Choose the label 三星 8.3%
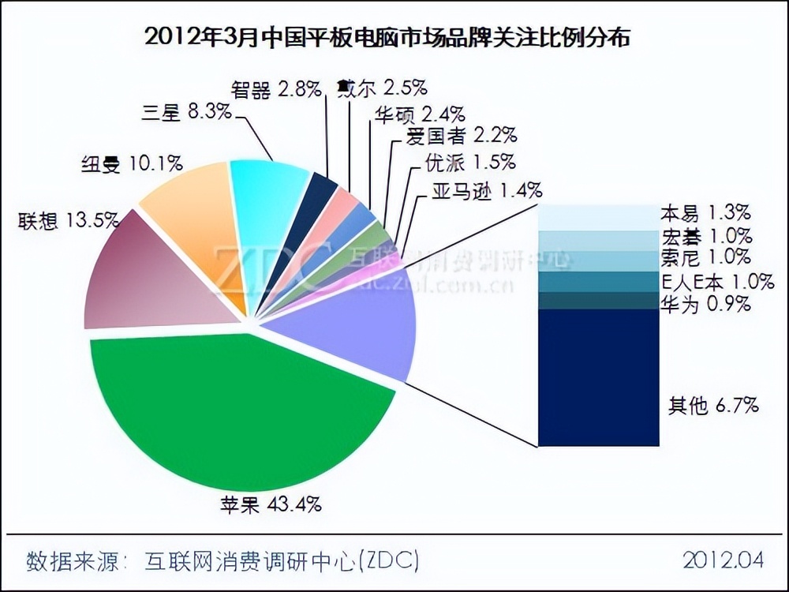point(189,112)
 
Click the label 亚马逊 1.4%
point(487,189)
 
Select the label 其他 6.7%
point(713,406)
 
